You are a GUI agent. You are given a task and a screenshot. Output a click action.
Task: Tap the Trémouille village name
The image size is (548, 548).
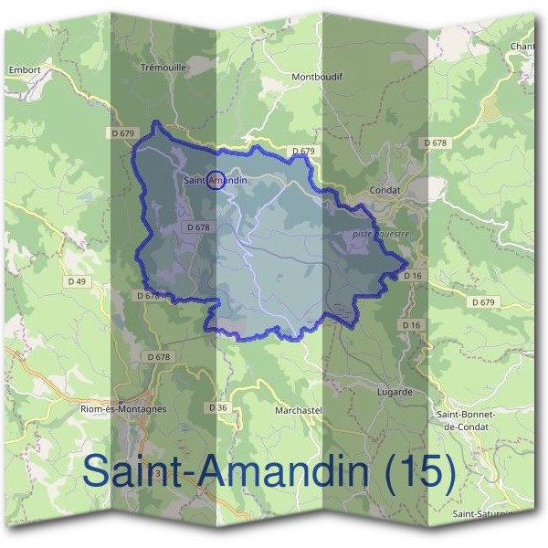click(x=163, y=67)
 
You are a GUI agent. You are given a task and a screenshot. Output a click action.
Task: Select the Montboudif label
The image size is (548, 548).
click(x=316, y=77)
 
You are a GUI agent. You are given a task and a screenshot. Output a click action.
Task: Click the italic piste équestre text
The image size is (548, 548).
click(x=381, y=234)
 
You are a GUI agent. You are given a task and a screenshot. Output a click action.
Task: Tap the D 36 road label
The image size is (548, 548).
click(x=217, y=407)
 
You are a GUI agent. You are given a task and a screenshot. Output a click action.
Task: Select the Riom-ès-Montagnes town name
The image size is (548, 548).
click(x=123, y=409)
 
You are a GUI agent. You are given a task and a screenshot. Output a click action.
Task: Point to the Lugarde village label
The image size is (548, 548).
click(x=395, y=392)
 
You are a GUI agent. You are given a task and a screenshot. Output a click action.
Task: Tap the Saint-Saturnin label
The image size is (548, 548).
click(x=482, y=513)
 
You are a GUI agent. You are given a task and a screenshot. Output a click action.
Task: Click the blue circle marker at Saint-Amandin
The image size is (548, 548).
click(x=216, y=181)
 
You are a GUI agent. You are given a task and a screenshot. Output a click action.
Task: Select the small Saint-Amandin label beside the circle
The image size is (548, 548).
click(x=216, y=181)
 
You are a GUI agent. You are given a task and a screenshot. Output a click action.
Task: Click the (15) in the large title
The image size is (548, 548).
click(x=416, y=471)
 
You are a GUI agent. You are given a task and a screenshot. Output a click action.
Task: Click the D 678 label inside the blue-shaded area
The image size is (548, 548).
click(x=198, y=227)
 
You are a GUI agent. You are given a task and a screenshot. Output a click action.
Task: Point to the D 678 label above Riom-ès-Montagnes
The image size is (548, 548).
click(x=158, y=356)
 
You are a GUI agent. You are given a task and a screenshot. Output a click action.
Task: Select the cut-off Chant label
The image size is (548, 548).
click(x=522, y=46)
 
